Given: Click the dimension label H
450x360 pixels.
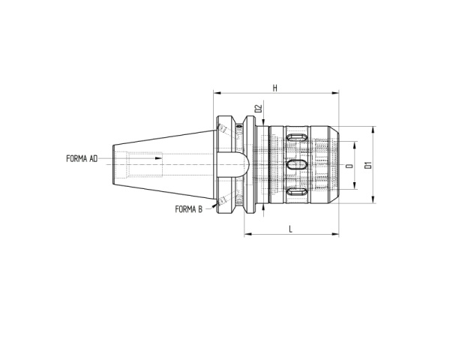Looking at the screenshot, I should click(276, 88).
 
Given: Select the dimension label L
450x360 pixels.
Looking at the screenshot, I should click(291, 229).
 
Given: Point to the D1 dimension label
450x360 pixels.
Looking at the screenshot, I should click(367, 165).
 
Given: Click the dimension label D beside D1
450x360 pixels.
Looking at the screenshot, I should click(349, 165).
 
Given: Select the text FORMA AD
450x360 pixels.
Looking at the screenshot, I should click(82, 159).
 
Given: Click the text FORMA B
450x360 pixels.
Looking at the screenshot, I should click(188, 208).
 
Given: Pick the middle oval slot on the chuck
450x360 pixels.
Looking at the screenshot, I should click(297, 164).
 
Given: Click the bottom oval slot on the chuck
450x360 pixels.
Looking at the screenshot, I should click(295, 192).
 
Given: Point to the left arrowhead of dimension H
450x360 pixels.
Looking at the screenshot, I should click(217, 94).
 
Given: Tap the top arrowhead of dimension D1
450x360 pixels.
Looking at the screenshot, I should click(373, 129).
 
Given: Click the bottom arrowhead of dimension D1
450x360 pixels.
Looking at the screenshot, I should click(373, 201).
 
